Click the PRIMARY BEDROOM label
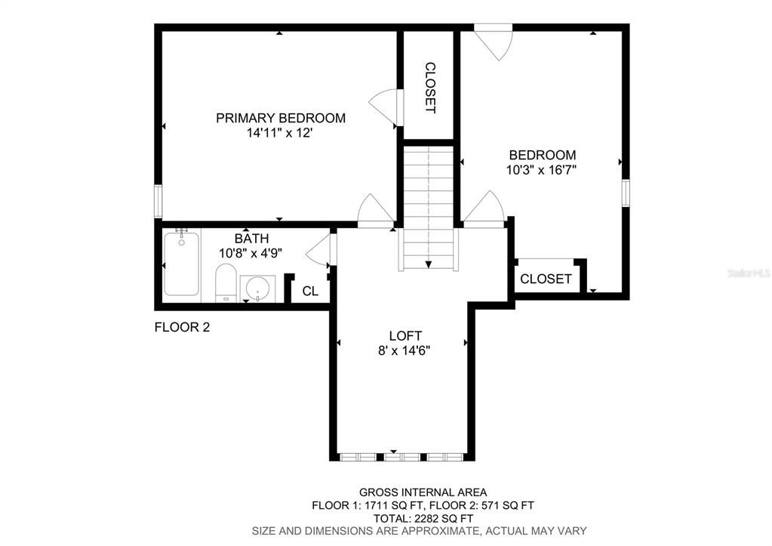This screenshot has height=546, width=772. (x=281, y=119)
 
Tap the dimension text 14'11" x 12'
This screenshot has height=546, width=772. (x=280, y=133)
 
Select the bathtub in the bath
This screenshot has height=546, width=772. (x=181, y=264)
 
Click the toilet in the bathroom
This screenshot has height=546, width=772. (x=226, y=283)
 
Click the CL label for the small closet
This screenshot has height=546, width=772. (x=310, y=292)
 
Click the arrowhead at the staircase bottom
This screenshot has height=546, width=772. (x=429, y=264)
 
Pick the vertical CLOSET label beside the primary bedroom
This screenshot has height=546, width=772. (x=430, y=88)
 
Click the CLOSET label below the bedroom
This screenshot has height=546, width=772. (x=546, y=279)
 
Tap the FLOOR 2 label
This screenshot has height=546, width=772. (x=182, y=327)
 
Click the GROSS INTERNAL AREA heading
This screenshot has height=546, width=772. (x=423, y=492)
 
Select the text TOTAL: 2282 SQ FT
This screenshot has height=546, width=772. (x=423, y=518)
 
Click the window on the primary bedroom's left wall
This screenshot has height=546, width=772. (x=158, y=201)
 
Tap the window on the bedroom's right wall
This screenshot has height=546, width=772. (x=626, y=193)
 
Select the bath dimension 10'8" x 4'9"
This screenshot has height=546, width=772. (x=251, y=253)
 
